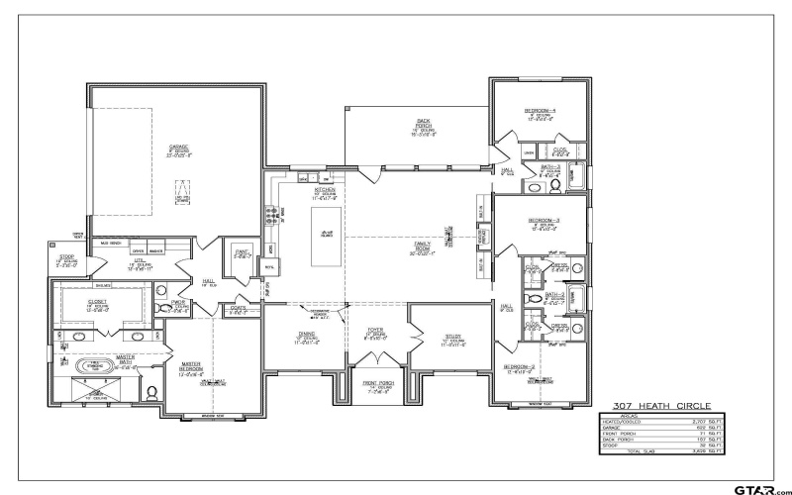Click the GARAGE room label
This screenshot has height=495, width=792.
pos(178,149)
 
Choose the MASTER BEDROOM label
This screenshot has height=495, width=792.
pos(189,367)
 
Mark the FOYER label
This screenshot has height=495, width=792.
pos(375,335)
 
